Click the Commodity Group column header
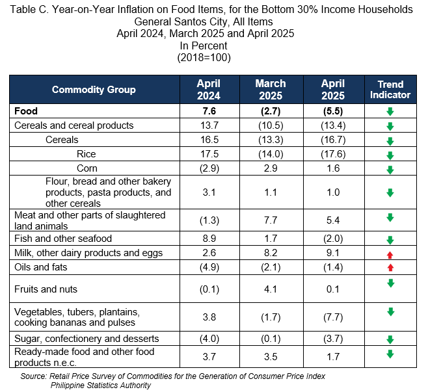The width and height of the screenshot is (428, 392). point(94,90)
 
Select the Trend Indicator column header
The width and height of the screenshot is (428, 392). point(390,90)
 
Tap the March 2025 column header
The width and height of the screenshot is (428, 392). point(271,90)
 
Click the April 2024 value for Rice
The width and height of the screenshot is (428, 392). point(209,154)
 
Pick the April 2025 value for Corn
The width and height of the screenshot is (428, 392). point(333,168)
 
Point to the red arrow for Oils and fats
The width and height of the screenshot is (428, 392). point(390,267)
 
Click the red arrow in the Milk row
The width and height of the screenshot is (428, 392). point(390,255)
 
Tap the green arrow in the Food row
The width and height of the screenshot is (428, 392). point(390,111)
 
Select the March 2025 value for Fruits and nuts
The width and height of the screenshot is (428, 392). point(271,289)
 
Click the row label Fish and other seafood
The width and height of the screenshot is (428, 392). point(63,239)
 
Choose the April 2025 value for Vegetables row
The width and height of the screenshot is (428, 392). point(333,317)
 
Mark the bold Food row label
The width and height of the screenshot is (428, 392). point(26,111)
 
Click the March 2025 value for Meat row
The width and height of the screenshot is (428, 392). point(271,220)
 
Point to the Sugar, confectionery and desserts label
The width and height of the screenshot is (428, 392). point(87,339)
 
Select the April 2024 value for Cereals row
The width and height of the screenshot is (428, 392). point(209,140)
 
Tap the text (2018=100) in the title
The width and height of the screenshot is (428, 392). point(204,58)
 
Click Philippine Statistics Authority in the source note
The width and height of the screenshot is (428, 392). point(100,385)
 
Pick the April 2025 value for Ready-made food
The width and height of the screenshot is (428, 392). point(333,356)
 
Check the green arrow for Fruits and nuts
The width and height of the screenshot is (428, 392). point(391,283)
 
